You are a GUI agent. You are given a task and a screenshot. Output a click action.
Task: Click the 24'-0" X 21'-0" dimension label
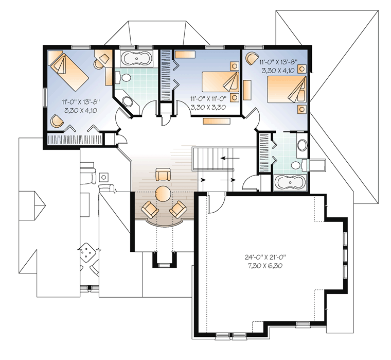pos(265,257)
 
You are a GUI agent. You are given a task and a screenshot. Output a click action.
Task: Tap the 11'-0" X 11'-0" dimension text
pos(208,98)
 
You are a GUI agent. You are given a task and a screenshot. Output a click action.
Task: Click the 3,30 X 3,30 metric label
pos(208,107)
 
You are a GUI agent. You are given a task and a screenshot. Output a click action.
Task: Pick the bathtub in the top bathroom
pos(137,59)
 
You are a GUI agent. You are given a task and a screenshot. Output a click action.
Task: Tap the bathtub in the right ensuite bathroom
pos(291,182)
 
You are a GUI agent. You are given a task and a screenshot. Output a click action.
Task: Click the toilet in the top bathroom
pos(123,77)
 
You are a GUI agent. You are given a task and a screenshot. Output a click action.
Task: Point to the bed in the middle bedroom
pos(220,82)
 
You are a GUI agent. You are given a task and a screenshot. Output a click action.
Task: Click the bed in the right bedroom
pos(287,89)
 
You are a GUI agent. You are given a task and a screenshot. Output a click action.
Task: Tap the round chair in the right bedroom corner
pos(252,58)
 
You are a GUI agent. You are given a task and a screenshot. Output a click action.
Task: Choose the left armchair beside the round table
pos(150,209)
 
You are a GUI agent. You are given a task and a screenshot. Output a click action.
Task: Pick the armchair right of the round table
pos(178,209)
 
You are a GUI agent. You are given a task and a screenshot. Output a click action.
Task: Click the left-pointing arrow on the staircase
pos(230,158)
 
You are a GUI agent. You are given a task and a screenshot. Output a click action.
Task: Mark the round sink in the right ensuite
pos(302,145)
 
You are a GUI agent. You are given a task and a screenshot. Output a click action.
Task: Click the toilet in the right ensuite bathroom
pos(299,165)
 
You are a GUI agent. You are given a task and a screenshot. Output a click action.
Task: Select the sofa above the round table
pos(163,175)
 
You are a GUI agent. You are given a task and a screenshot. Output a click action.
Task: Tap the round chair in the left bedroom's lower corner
pos(57,121)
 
